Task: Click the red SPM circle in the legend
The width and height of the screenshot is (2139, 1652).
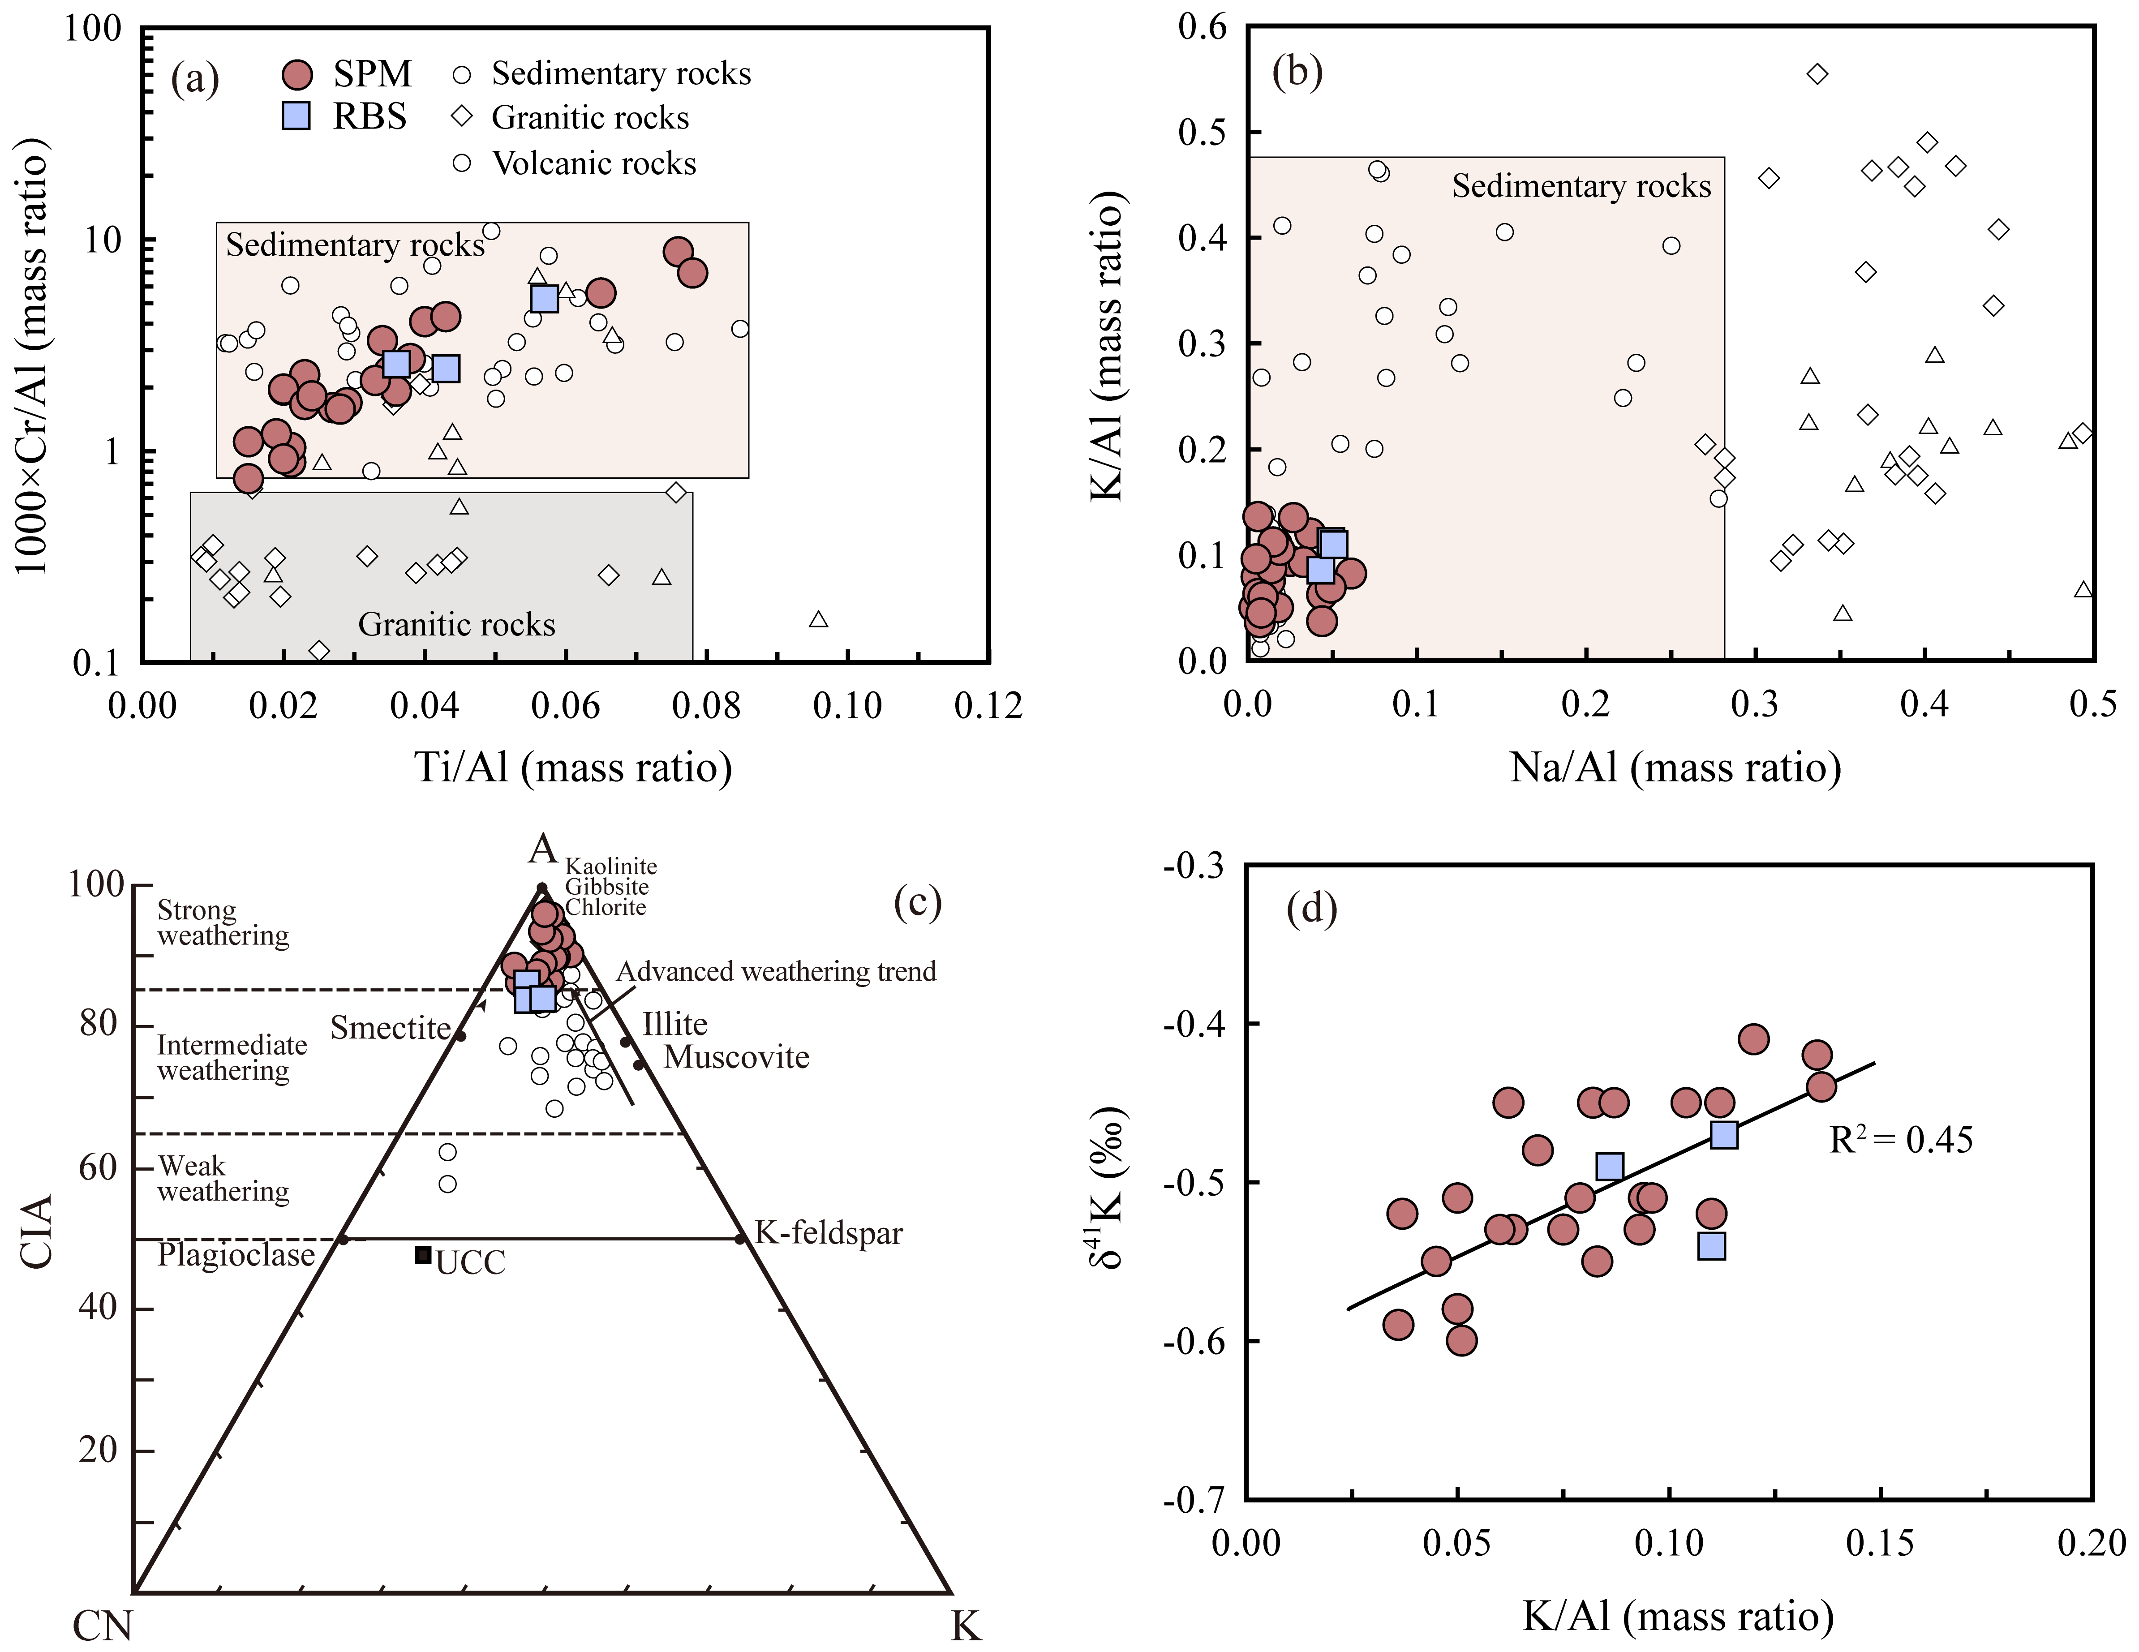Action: coord(297,74)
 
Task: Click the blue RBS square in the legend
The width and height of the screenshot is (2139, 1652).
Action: coord(296,116)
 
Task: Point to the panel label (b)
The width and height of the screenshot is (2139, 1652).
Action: coord(1297,73)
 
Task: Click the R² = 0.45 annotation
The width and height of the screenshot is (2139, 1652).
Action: coord(1900,1140)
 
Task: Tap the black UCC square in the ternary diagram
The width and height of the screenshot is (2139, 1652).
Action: coord(423,1254)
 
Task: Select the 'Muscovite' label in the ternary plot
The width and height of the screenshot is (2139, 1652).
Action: coord(736,1058)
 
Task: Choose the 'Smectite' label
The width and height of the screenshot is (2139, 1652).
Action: coord(390,1028)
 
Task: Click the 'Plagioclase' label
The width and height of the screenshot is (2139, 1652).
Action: coord(236,1255)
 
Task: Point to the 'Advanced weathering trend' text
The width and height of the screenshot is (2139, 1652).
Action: coord(776,971)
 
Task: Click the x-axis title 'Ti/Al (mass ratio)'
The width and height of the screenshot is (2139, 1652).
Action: coord(573,767)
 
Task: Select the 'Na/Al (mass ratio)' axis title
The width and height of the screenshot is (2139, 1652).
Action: coord(1675,767)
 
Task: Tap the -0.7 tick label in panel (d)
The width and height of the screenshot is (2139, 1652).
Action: coord(1193,1499)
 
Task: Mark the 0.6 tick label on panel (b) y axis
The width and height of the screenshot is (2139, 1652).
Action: coord(1202,27)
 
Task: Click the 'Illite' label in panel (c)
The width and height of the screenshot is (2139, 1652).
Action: coord(675,1024)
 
